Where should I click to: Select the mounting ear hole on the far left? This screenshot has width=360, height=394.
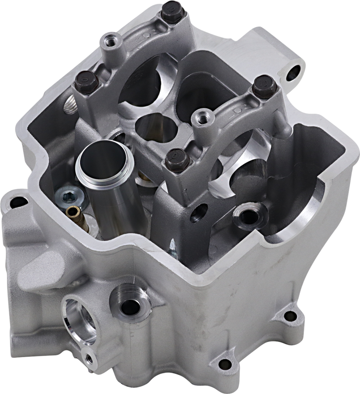(18, 200)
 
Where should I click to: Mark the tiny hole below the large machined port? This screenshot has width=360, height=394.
(89, 357)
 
